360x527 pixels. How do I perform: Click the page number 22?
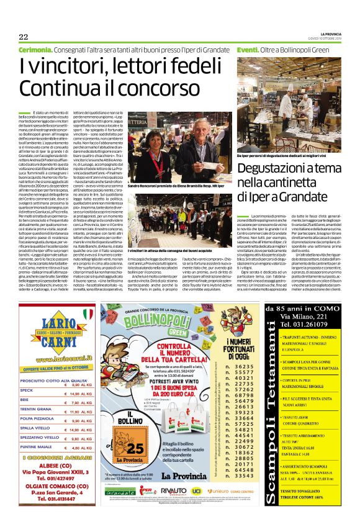click(23, 36)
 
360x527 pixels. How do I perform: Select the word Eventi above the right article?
click(247, 48)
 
